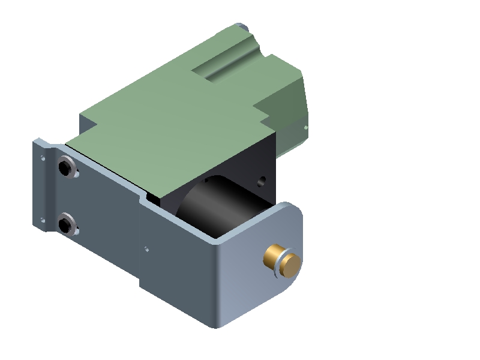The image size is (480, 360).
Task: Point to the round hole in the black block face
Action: (260, 179)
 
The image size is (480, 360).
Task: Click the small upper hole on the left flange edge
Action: (42, 158)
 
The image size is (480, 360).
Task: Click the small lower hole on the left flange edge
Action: (41, 219)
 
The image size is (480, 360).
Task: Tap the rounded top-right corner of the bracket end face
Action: (294, 207)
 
